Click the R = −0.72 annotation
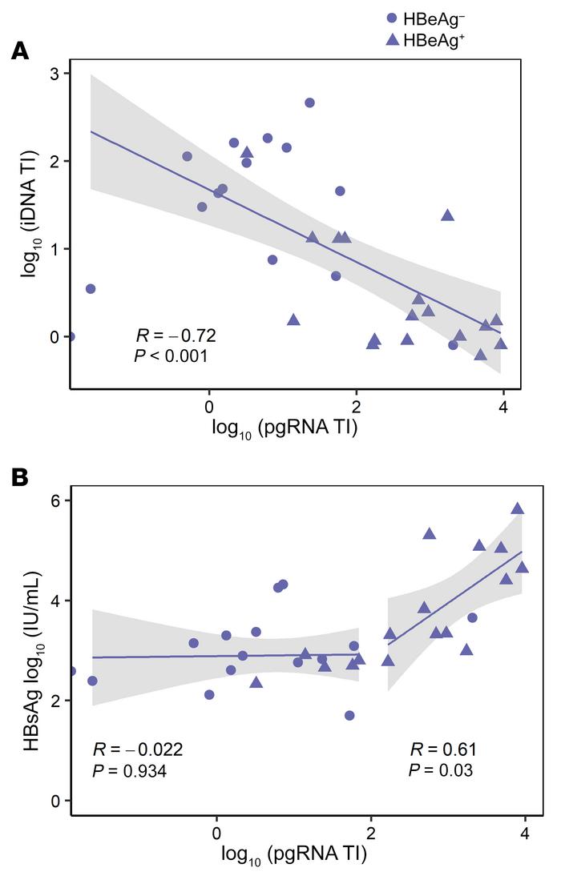(x=175, y=335)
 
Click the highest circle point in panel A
(x=309, y=102)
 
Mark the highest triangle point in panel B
(x=518, y=508)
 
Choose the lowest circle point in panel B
(x=349, y=715)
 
